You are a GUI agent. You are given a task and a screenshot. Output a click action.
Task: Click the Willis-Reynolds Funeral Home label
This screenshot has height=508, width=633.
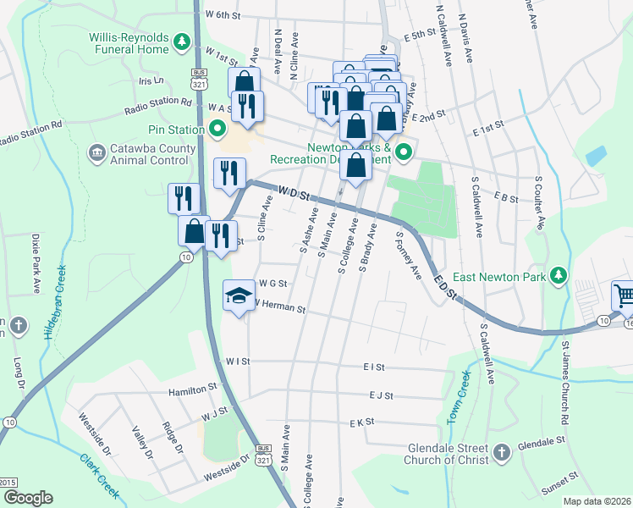[129, 43]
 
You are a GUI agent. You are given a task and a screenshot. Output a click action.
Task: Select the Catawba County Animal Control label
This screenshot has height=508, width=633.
[149, 154]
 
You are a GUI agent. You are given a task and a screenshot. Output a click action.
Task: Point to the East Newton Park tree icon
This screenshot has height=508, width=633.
[558, 275]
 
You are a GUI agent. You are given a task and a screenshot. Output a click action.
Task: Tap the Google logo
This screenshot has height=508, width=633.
[28, 498]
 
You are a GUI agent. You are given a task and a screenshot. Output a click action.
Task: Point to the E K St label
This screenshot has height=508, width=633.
[361, 422]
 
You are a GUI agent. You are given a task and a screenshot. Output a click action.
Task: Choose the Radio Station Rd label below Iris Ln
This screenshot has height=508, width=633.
[158, 106]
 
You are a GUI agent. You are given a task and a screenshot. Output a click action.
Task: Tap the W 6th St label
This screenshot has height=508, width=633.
[223, 15]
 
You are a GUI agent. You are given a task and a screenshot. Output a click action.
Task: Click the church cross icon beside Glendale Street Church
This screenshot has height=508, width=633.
[501, 452]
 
